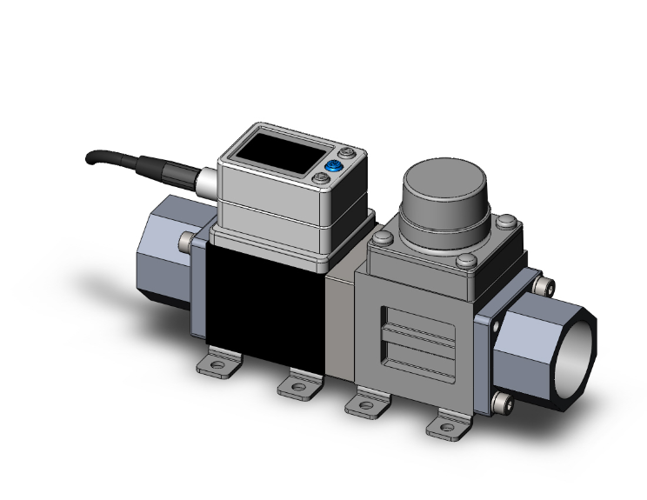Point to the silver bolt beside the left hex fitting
click(x=188, y=240)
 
